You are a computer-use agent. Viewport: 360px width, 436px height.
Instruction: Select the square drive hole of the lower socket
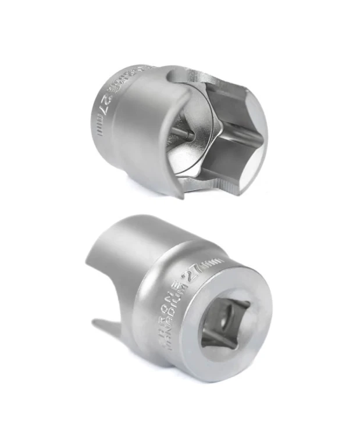[x=224, y=323]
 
